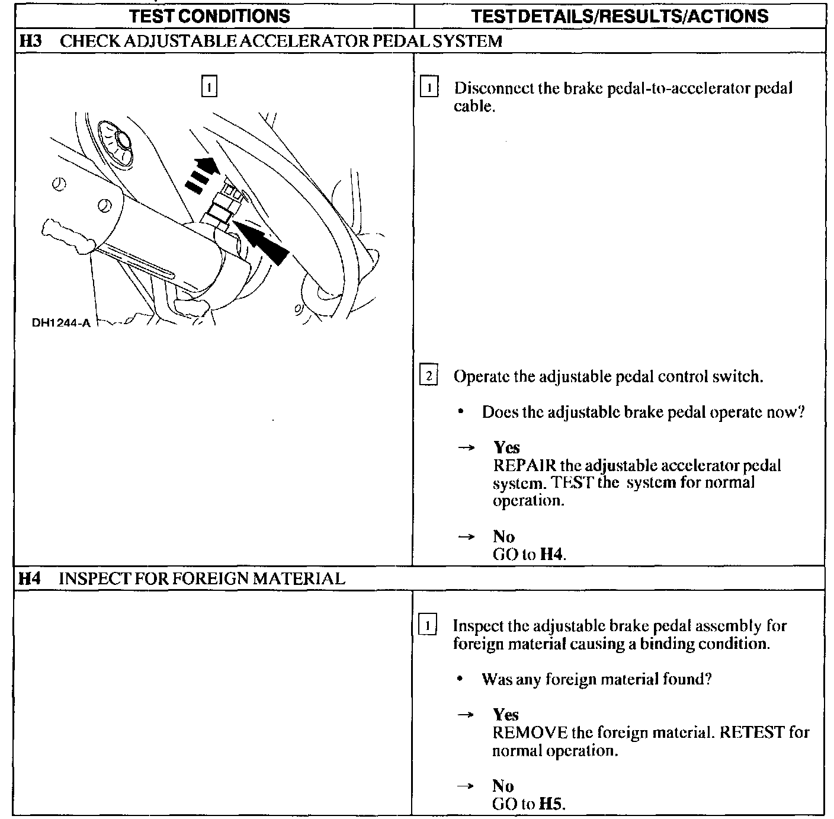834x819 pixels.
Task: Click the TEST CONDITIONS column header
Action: pos(210,15)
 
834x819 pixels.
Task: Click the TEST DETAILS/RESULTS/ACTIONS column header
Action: pos(620,15)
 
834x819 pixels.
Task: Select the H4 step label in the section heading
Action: pos(30,578)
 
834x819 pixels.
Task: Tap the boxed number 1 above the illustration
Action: pos(209,87)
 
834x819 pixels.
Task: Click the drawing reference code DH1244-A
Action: pos(60,324)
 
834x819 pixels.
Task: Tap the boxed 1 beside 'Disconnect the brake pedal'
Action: pos(428,88)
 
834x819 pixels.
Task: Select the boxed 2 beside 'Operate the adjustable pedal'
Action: pos(428,376)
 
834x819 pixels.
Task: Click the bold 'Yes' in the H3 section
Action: pos(506,447)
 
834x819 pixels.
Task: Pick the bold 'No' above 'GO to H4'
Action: pos(503,537)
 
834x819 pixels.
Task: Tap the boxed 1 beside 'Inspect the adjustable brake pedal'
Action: pos(428,626)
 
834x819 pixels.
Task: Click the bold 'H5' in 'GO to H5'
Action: pos(551,804)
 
